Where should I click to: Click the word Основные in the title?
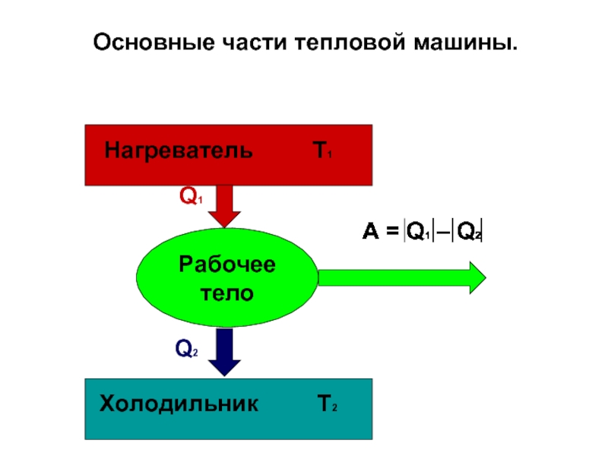[154, 43]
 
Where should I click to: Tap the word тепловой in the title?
[350, 43]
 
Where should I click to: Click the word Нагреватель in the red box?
[179, 150]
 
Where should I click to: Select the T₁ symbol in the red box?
[322, 150]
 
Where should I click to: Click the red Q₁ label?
[191, 195]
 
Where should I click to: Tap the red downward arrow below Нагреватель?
[224, 206]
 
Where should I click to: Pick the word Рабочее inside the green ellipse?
[226, 264]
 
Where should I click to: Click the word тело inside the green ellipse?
[226, 293]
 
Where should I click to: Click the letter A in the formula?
[370, 231]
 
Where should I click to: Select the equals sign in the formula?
[392, 231]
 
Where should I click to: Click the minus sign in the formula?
[443, 232]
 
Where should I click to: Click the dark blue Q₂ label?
[186, 348]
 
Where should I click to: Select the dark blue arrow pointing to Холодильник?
[224, 352]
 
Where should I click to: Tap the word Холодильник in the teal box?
[179, 404]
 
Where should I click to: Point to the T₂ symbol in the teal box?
[328, 404]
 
